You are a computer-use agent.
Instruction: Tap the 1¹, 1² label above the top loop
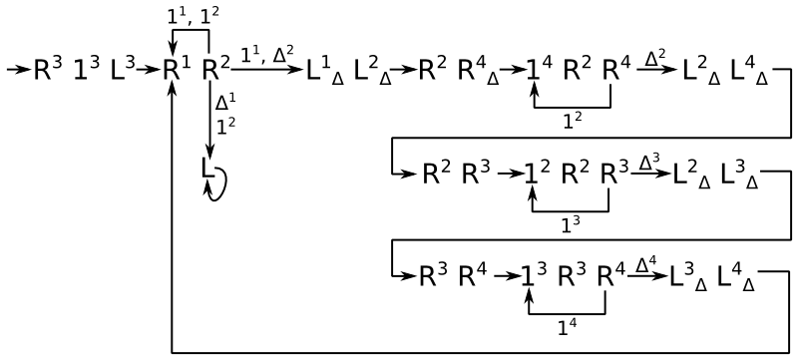pos(194,17)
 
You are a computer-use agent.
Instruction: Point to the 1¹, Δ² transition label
pos(266,55)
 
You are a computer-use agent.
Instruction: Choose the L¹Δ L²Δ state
pos(348,72)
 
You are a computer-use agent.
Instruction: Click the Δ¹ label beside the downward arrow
pos(222,104)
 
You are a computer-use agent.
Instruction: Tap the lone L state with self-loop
pos(207,169)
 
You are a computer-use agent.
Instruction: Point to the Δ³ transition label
pos(649,163)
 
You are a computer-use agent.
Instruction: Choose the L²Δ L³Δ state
pos(715,176)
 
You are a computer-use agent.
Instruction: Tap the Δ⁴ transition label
pos(645,265)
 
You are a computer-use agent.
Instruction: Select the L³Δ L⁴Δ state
pos(711,278)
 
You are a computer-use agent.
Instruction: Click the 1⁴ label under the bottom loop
pos(568,328)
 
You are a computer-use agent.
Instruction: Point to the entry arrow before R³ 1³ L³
pos(19,70)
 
